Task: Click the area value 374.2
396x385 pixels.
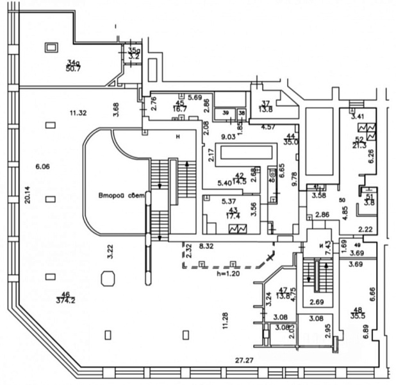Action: [x=65, y=300]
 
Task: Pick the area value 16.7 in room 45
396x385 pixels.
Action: [x=180, y=109]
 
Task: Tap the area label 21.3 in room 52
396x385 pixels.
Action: [x=359, y=146]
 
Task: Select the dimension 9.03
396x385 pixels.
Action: [x=227, y=137]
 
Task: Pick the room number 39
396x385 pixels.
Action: [x=226, y=113]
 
